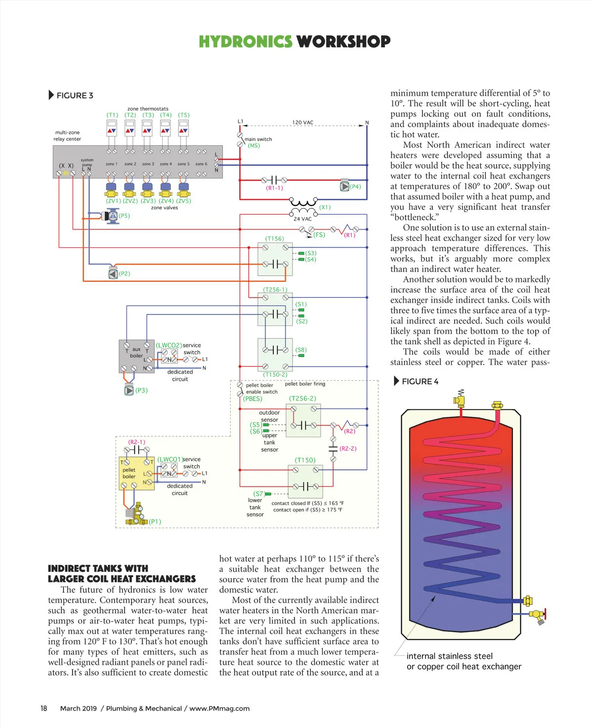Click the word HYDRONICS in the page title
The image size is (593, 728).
245,42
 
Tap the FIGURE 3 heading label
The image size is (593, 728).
74,95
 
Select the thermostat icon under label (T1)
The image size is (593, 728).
112,129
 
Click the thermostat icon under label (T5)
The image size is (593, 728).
183,129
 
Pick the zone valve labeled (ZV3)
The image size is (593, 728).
147,190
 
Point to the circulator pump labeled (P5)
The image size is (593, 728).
112,216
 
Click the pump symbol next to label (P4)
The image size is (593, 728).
344,186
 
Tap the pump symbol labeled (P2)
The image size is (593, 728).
113,273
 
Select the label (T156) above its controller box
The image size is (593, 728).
274,239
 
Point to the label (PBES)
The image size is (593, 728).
253,399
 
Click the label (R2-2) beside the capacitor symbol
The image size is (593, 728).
348,449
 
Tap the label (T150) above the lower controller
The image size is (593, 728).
305,460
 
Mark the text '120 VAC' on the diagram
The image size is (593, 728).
302,122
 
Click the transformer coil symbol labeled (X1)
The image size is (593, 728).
303,203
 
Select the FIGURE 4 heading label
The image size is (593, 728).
420,381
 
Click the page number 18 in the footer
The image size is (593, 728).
44,708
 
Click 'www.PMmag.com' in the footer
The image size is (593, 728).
219,708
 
